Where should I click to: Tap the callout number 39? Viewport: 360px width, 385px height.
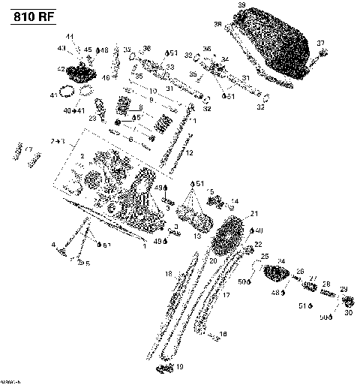[x=241, y=6]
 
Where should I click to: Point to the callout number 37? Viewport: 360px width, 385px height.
[x=320, y=42]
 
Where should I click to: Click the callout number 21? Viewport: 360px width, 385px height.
[x=254, y=214]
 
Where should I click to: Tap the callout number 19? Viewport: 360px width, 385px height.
[x=178, y=367]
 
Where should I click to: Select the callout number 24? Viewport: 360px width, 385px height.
[x=282, y=261]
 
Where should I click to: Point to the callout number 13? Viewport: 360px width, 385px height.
[x=197, y=236]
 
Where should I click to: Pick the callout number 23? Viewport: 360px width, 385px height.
[x=93, y=119]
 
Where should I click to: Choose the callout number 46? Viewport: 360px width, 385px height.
[x=106, y=77]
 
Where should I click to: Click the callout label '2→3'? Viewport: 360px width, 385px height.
[x=58, y=141]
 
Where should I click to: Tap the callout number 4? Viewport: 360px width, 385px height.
[x=54, y=245]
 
